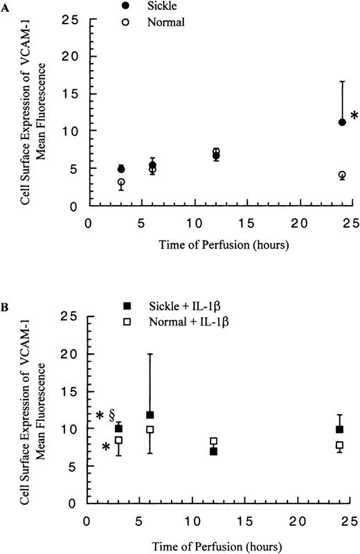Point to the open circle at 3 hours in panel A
click(121, 183)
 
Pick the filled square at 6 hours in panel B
click(150, 415)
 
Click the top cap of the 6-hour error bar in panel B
click(150, 354)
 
